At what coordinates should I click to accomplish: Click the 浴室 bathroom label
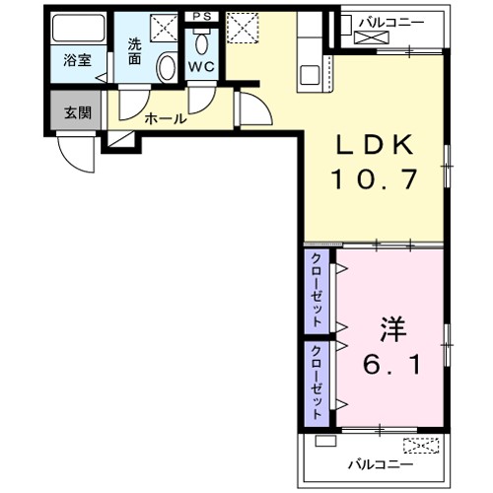pos(77,60)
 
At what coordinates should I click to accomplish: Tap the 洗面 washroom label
pos(134,51)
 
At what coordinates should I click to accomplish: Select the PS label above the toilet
pos(203,17)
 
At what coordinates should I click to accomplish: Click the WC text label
pos(202,67)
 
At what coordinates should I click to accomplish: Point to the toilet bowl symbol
pos(203,41)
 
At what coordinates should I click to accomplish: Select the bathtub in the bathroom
pos(77,30)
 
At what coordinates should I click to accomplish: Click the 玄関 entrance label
pos(78,111)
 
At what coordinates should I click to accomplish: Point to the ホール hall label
pos(165,118)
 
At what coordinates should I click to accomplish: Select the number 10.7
pos(375,180)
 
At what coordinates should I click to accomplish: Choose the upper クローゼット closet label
pos(317,290)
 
